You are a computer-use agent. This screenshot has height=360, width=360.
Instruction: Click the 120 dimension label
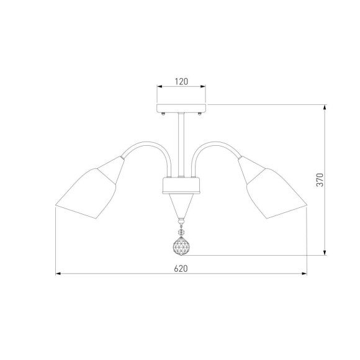tap(181, 81)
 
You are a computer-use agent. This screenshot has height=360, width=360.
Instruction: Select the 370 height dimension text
tap(320, 180)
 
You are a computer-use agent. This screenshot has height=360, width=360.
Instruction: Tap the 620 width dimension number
tap(181, 268)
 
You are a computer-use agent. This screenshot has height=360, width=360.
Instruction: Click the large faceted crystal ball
tap(181, 246)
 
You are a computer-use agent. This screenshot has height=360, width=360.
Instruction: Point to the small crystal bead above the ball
tap(181, 232)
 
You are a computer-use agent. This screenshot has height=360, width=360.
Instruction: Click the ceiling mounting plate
tap(181, 109)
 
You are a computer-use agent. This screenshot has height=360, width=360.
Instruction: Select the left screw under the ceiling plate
tap(163, 114)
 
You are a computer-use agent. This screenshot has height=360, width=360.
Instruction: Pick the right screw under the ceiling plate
tap(200, 114)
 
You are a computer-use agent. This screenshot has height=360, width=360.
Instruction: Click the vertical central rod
tap(181, 145)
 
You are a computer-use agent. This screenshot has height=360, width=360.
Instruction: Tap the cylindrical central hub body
tap(181, 186)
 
